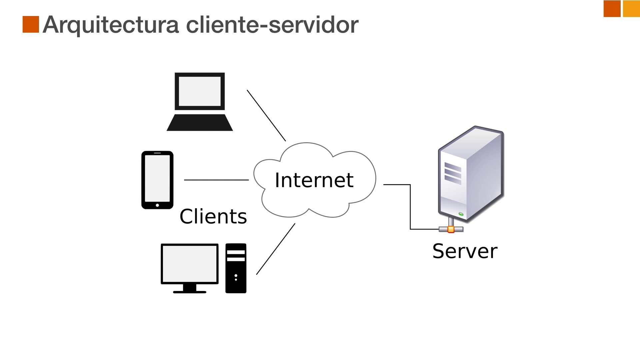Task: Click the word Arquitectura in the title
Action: pos(111,25)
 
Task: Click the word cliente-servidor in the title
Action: pos(272,25)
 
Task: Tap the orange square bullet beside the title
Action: pos(31,24)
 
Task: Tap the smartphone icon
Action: pos(157,180)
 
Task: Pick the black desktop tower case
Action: pos(236,268)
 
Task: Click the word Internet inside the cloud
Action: pos(314,180)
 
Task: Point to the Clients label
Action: pos(213,216)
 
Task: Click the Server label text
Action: pos(465,251)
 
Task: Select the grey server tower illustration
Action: pos(471,173)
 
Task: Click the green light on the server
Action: pos(461,214)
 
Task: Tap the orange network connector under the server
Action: pos(451,229)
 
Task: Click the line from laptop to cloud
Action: pos(266,115)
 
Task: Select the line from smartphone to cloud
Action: pos(216,180)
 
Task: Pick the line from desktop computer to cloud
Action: pos(276,249)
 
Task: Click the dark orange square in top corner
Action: pos(612,9)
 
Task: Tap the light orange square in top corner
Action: pos(631,9)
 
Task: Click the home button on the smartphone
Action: pos(157,205)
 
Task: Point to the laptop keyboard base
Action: pos(200,123)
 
